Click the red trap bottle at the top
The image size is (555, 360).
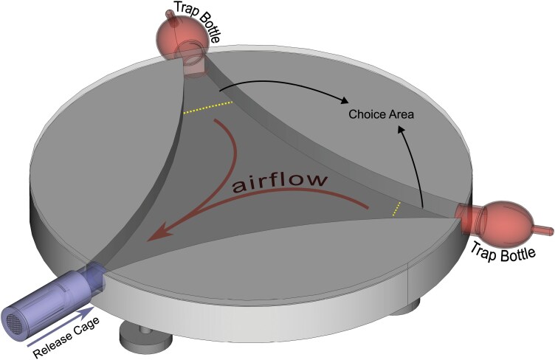[177, 33]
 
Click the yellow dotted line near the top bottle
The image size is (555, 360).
[208, 108]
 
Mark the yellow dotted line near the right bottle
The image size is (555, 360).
[397, 209]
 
